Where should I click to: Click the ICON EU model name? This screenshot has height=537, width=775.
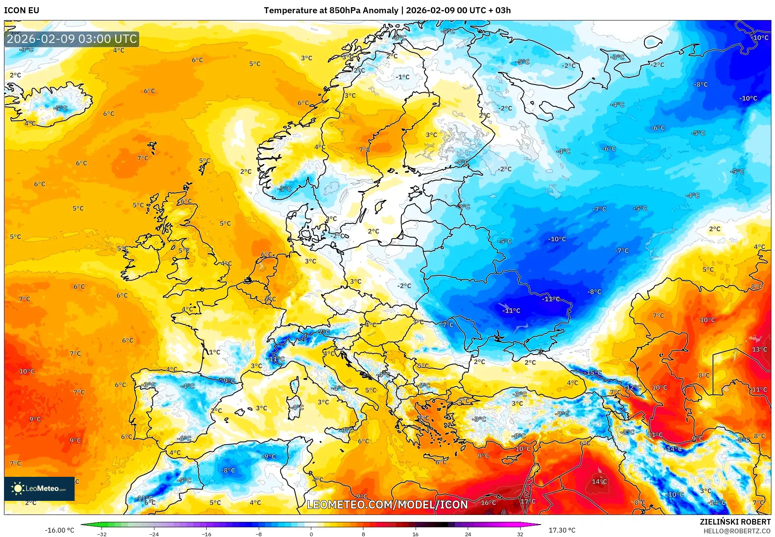pyautogui.click(x=22, y=10)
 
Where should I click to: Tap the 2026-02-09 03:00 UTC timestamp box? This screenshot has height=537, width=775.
pyautogui.click(x=72, y=39)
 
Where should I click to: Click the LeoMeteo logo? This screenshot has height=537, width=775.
pyautogui.click(x=39, y=488)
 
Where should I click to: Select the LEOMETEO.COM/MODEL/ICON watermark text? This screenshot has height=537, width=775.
pyautogui.click(x=387, y=504)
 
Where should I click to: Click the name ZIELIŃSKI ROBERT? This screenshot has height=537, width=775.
pyautogui.click(x=735, y=522)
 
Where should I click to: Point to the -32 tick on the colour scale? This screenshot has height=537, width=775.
pyautogui.click(x=102, y=534)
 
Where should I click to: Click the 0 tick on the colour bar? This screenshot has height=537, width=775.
pyautogui.click(x=311, y=534)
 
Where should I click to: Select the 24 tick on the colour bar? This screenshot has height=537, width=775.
pyautogui.click(x=468, y=534)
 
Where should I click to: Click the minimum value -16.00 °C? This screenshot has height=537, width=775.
pyautogui.click(x=59, y=530)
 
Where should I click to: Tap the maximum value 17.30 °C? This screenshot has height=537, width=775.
pyautogui.click(x=562, y=530)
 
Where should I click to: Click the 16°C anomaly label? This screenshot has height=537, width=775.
pyautogui.click(x=488, y=502)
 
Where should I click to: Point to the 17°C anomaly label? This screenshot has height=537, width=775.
pyautogui.click(x=528, y=501)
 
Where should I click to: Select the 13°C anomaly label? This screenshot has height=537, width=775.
pyautogui.click(x=759, y=349)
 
